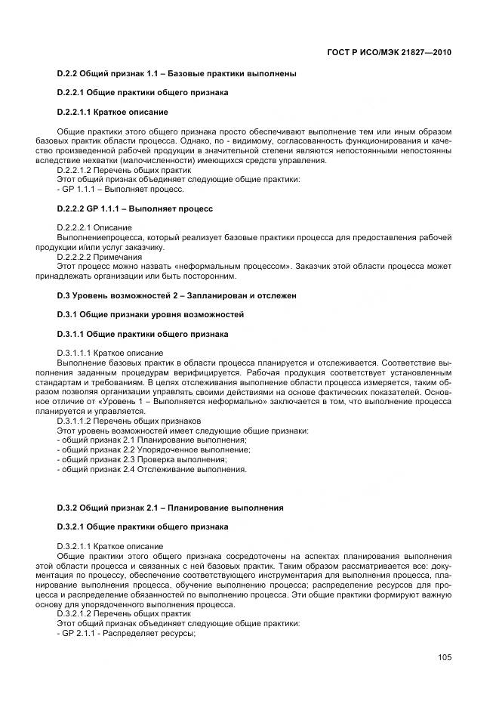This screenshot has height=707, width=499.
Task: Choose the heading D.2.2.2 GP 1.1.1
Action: (x=135, y=207)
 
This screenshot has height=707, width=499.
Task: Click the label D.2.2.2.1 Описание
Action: (x=94, y=227)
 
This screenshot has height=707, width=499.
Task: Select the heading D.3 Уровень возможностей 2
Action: (x=177, y=295)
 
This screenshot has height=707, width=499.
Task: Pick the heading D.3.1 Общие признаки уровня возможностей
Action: (x=150, y=315)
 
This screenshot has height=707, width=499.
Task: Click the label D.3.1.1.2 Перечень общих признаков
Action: (x=129, y=421)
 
